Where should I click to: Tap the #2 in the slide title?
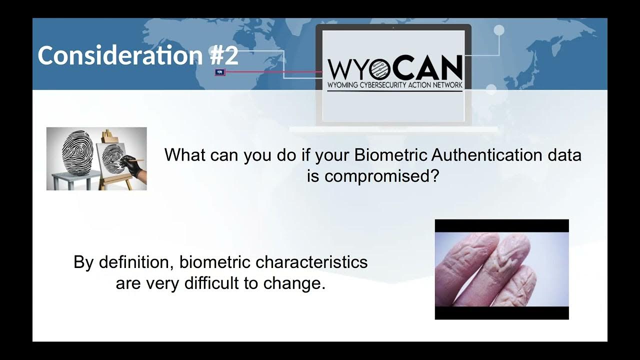[224, 55]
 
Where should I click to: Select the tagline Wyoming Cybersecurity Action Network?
[394, 85]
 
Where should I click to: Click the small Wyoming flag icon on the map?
[219, 72]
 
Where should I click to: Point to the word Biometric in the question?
[390, 155]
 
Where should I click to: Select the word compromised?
[372, 175]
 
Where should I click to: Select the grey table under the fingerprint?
[72, 177]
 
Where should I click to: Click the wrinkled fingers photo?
[501, 269]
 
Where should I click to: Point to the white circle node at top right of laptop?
[498, 30]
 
